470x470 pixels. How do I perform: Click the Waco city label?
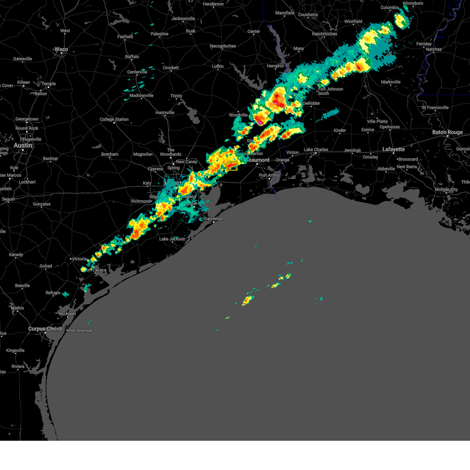click(x=61, y=49)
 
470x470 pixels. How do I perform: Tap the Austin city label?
click(x=23, y=145)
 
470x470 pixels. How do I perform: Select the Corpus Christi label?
click(x=45, y=329)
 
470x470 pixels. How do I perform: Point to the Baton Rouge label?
click(x=447, y=132)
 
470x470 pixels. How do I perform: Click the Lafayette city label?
click(x=393, y=149)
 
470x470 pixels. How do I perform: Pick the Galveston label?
click(x=213, y=219)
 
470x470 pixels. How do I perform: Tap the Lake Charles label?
click(x=316, y=150)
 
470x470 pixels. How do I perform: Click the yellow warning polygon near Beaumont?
click(x=231, y=166)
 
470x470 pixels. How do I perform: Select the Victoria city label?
click(x=79, y=259)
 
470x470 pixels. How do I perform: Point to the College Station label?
click(x=114, y=119)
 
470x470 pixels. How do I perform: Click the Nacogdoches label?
click(x=223, y=46)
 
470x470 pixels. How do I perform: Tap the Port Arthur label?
click(x=269, y=175)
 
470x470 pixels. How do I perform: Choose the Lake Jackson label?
click(x=172, y=239)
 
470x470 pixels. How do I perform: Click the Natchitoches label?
click(x=324, y=34)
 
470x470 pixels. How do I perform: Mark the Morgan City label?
click(x=446, y=190)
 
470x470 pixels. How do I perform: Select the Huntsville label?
click(x=164, y=113)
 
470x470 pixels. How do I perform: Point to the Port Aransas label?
click(x=80, y=331)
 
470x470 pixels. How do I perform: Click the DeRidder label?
click(x=311, y=103)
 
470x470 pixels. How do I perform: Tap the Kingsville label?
click(x=15, y=351)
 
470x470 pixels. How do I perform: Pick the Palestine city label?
click(x=159, y=34)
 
